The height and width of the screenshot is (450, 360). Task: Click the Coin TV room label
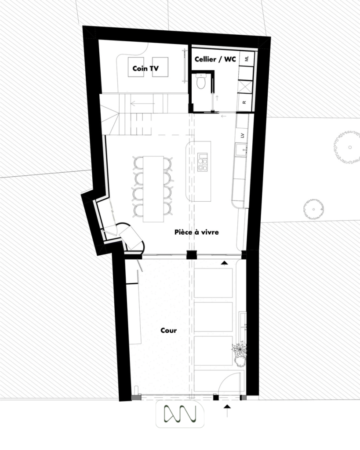(x=145, y=68)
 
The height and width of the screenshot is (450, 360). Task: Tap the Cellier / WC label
(x=215, y=59)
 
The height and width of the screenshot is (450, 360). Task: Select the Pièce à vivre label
(x=196, y=232)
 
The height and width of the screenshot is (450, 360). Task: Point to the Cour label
(x=168, y=330)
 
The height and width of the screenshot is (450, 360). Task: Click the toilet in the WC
(x=201, y=81)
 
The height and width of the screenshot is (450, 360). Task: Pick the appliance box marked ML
(x=247, y=59)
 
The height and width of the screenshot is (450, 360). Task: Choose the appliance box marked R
(x=244, y=102)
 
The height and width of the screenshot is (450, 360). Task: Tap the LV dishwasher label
(x=243, y=135)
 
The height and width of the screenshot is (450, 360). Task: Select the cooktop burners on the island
(x=202, y=163)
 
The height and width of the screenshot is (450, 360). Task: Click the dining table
(x=153, y=189)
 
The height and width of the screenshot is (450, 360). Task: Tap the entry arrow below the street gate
(x=227, y=410)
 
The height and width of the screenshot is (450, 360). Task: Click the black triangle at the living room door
(x=224, y=262)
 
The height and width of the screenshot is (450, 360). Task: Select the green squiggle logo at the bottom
(x=180, y=414)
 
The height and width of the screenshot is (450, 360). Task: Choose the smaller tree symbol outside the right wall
(x=314, y=209)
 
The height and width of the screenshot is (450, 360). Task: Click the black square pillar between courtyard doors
(x=192, y=255)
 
